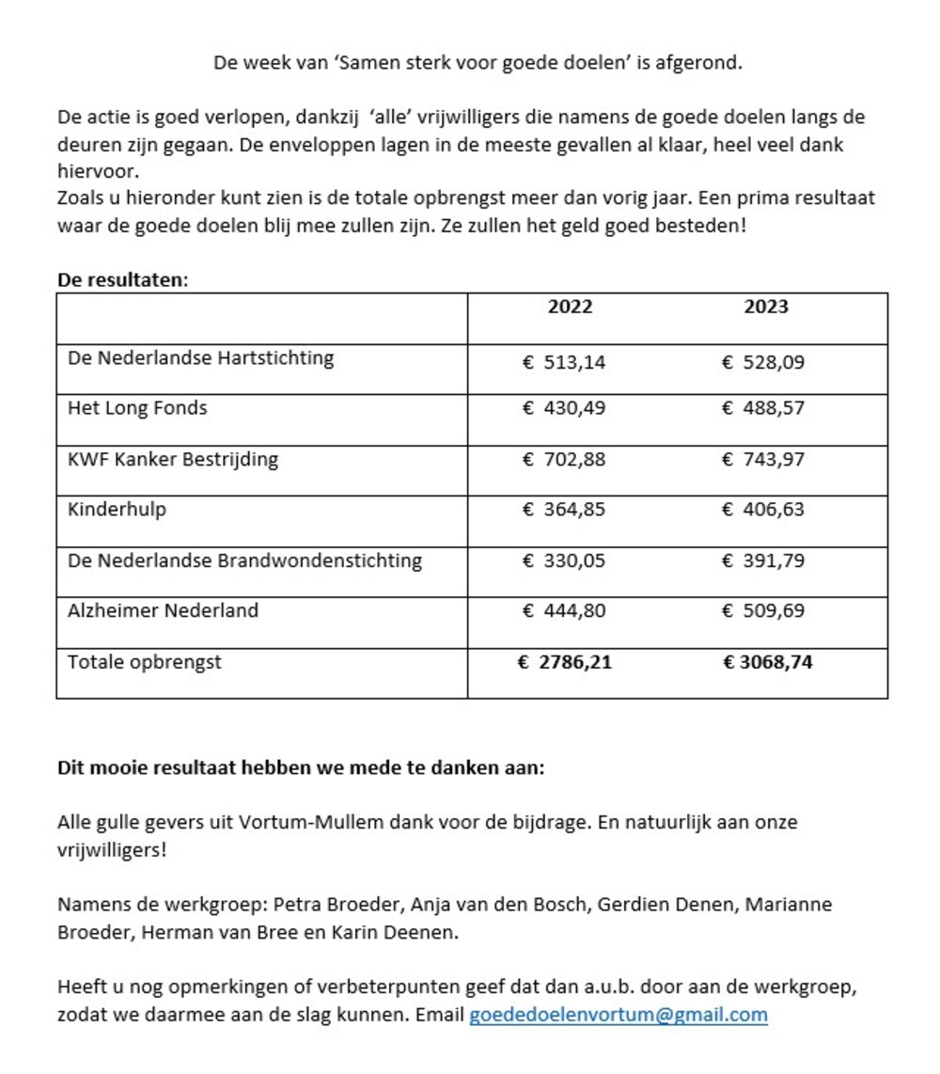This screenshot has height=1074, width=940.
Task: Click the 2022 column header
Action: point(570,307)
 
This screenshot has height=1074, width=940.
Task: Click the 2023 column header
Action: point(766,307)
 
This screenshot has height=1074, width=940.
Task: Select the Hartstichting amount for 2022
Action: point(564,362)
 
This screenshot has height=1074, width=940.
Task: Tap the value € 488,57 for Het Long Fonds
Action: point(762,408)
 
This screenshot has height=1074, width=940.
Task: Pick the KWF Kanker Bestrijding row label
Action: point(173,460)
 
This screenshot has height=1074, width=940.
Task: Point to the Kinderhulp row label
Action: point(117,510)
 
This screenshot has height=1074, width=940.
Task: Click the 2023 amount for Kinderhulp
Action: point(762,510)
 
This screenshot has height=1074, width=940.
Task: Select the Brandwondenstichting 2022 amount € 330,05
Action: point(564,561)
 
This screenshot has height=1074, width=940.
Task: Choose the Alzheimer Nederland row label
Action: point(163,610)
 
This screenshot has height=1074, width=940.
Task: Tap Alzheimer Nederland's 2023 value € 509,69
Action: point(762,611)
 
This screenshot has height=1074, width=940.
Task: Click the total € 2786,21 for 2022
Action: point(564,662)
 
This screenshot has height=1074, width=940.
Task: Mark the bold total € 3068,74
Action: point(767,662)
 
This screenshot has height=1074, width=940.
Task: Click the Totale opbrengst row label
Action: point(144,662)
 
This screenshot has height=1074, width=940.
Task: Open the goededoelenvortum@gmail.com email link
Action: point(618,1015)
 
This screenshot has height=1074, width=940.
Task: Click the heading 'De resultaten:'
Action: point(122,280)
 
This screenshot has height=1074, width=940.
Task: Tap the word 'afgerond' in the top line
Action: point(704,63)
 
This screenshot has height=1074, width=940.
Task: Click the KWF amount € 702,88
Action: point(564,460)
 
